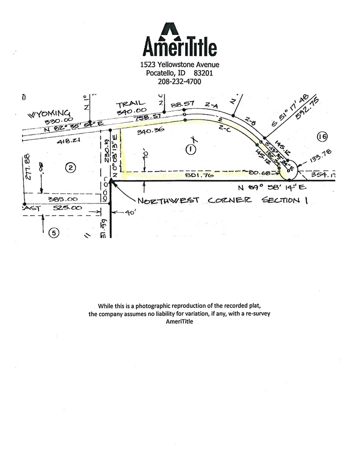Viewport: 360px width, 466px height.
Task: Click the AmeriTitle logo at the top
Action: (x=180, y=39)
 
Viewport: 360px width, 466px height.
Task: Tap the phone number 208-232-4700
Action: (x=180, y=82)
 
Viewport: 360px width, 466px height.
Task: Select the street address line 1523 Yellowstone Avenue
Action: (x=180, y=65)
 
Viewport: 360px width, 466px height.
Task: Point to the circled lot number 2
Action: (x=71, y=168)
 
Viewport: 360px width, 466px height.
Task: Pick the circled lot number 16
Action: (x=322, y=136)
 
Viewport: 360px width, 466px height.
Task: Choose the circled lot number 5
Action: (x=54, y=233)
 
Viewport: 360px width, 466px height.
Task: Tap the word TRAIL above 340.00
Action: (x=131, y=103)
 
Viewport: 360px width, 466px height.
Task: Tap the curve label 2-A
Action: (x=211, y=104)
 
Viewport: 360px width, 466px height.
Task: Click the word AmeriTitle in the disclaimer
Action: (x=180, y=321)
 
